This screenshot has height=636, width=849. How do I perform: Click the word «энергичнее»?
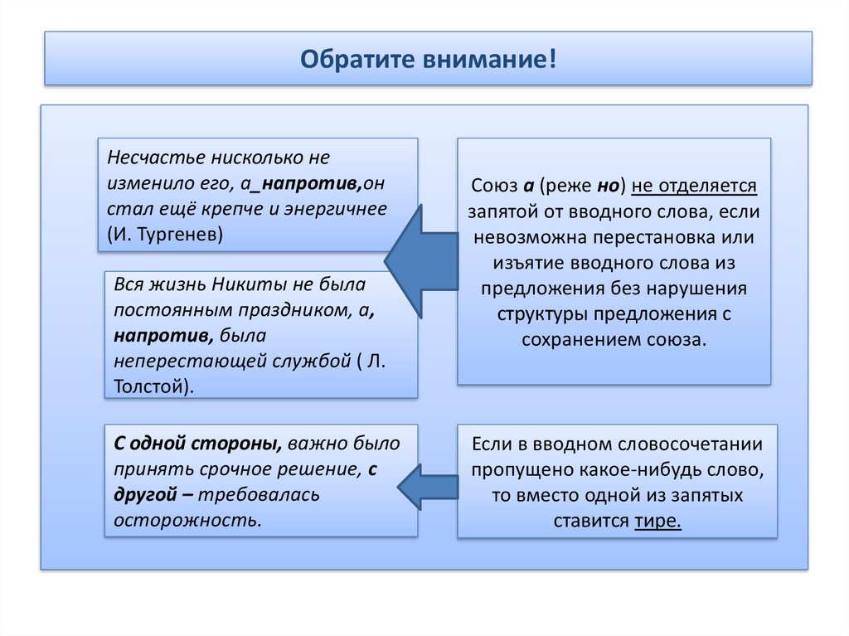tap(341, 208)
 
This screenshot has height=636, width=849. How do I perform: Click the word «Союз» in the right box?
tap(494, 185)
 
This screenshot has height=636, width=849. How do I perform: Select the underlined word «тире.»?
tap(657, 522)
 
